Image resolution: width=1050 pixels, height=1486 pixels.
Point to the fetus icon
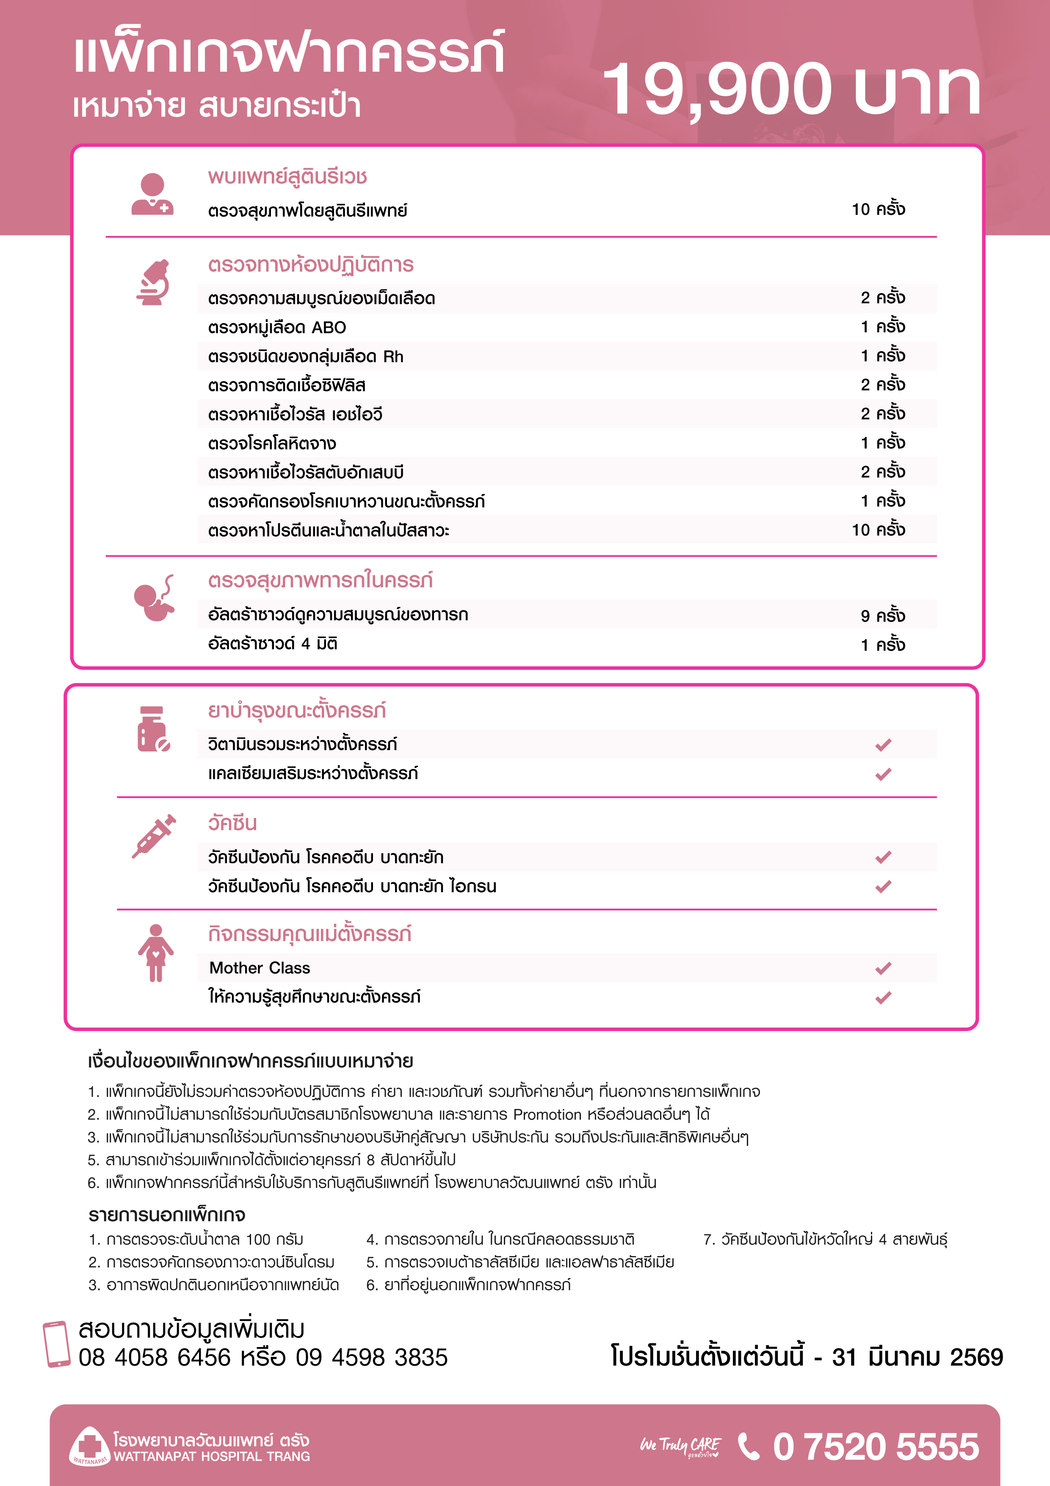(154, 598)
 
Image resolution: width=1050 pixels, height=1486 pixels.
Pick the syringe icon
(154, 836)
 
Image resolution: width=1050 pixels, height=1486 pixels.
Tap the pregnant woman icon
(155, 953)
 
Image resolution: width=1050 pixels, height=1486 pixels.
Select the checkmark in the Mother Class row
(883, 968)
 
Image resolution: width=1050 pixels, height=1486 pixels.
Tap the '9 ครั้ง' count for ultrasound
(882, 615)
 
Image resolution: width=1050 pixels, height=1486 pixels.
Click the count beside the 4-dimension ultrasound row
(882, 645)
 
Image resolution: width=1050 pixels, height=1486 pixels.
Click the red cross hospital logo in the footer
(89, 1445)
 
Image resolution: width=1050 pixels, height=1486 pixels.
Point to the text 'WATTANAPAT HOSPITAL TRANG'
(212, 1456)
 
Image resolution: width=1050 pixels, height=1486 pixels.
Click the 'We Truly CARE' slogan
(680, 1446)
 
